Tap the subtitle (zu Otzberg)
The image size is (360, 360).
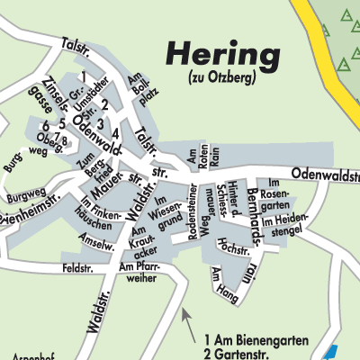(222, 77)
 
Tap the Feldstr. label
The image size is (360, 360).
(78, 269)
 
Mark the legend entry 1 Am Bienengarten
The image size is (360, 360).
(256, 339)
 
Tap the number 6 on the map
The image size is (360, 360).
(45, 125)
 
